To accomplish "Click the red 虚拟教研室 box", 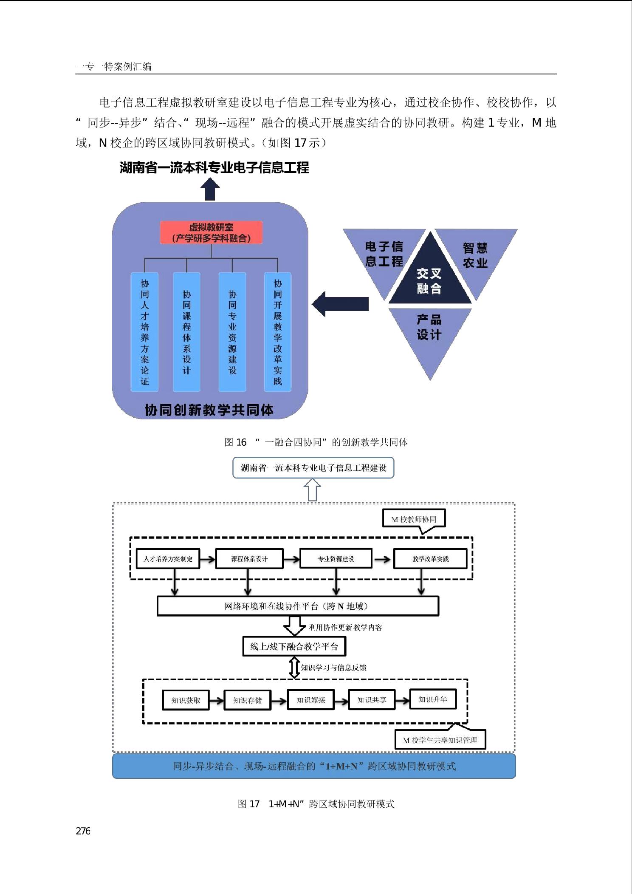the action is click(x=211, y=232).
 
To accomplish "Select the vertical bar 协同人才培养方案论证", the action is click(x=145, y=332).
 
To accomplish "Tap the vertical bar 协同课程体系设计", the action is click(x=186, y=332).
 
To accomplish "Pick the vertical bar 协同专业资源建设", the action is click(x=232, y=332).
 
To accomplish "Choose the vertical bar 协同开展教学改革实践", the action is click(x=278, y=332).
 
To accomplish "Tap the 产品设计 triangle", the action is click(x=430, y=336).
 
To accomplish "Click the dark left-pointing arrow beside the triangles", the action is click(x=340, y=304).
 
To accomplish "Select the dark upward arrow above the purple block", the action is click(x=210, y=189).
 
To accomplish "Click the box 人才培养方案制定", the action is click(x=168, y=559).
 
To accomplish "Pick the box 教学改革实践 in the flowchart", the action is click(x=430, y=559).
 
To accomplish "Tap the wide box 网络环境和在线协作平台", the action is click(x=298, y=606).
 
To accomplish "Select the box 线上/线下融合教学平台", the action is click(x=294, y=646).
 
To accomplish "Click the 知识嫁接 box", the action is click(x=310, y=700).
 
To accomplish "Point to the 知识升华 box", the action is click(x=433, y=699).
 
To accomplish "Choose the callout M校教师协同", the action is click(x=414, y=519).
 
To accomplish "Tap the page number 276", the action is click(x=83, y=832).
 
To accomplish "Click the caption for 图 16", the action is click(x=316, y=442).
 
